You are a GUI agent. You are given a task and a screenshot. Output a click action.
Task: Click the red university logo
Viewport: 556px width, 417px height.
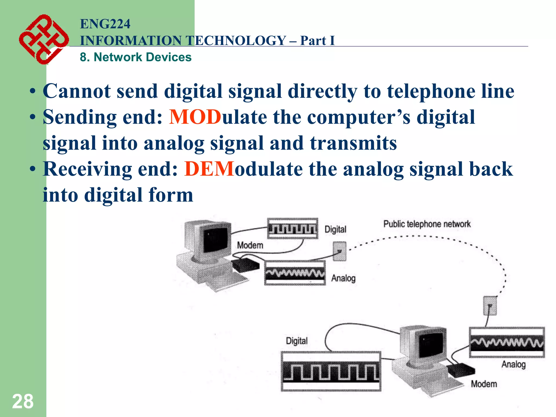click(43, 39)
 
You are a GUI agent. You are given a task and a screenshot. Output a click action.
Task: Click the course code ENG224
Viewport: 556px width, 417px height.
click(105, 24)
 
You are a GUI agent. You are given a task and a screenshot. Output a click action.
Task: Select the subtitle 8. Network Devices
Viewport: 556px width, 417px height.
click(135, 57)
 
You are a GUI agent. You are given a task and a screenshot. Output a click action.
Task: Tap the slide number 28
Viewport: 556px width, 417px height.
click(23, 401)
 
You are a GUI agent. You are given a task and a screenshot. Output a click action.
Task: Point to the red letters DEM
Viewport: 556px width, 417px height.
click(209, 169)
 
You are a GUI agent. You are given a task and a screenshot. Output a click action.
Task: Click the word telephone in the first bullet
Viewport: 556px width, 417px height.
click(431, 91)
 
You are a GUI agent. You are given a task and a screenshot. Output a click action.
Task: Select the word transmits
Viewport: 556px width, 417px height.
click(353, 143)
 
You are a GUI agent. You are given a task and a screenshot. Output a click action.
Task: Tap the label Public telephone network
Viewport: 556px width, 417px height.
click(427, 224)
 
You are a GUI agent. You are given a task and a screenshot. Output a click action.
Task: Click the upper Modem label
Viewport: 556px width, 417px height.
click(250, 245)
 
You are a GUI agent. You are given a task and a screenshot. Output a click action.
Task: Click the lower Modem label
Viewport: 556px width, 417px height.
click(484, 384)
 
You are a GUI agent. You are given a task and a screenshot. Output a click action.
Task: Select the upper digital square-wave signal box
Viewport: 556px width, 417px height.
click(292, 228)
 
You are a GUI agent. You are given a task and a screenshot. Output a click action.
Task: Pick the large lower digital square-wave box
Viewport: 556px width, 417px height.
click(331, 371)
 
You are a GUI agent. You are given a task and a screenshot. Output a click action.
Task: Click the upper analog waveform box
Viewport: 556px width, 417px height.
click(295, 273)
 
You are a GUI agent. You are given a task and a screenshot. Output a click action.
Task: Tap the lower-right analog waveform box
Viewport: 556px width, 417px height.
click(507, 343)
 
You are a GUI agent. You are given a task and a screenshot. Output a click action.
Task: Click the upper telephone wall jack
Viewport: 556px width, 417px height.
click(340, 251)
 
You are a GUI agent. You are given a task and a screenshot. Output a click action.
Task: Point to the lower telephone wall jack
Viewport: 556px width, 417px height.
click(490, 306)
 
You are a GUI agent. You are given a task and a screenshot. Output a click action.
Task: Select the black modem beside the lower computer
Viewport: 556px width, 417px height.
click(461, 370)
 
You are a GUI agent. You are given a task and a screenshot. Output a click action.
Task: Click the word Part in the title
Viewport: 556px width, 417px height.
click(313, 41)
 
